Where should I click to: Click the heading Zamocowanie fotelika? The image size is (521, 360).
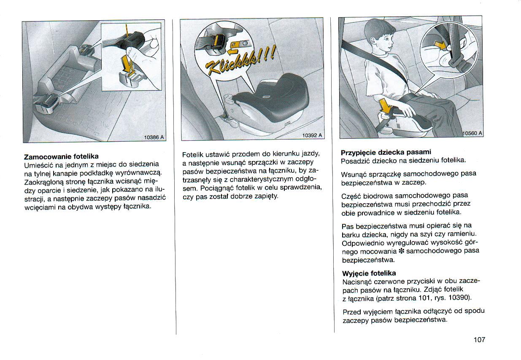pos(61,156)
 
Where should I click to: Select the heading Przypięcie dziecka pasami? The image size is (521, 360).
pos(386,152)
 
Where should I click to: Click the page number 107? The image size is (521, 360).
pos(479,340)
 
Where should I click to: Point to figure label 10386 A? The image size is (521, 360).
pos(154,137)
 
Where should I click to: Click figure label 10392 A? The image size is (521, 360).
pos(312,135)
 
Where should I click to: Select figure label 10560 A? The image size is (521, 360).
pos(472,133)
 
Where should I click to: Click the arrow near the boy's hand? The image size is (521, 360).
pos(385,105)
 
